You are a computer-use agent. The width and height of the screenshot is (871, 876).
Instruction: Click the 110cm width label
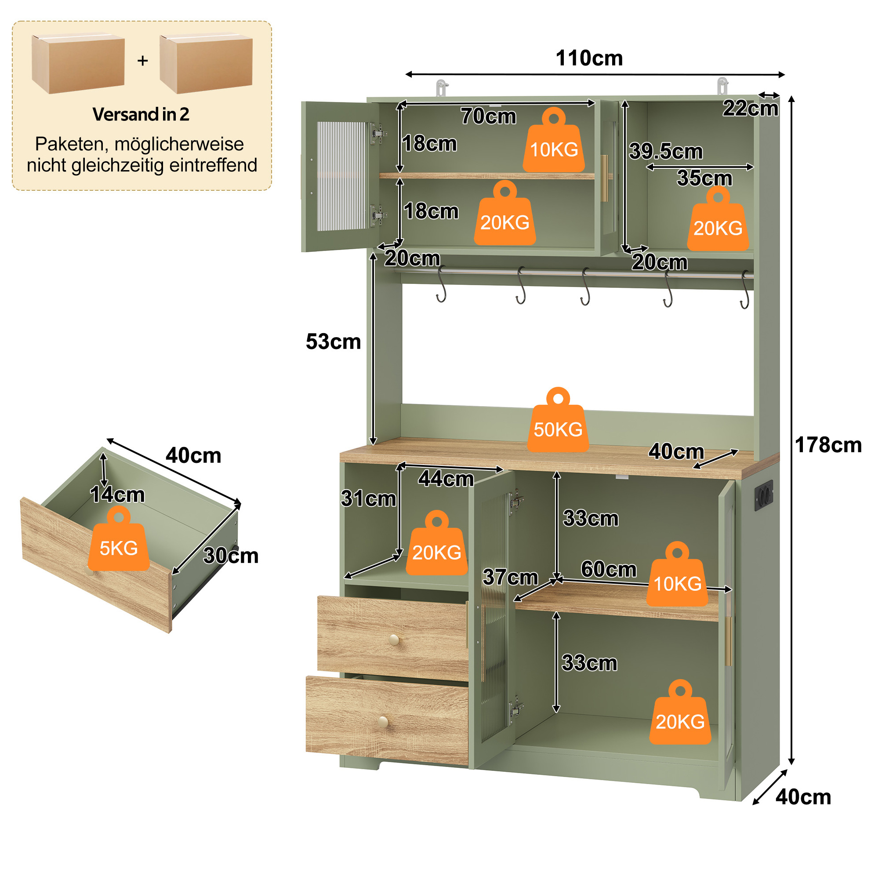click(589, 58)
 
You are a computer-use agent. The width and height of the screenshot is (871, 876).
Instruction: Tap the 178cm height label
click(828, 445)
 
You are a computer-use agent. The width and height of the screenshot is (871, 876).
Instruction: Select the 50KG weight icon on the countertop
click(558, 420)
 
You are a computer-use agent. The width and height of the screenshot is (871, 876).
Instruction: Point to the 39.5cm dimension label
click(666, 152)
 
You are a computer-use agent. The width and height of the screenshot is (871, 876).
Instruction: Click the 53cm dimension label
click(333, 342)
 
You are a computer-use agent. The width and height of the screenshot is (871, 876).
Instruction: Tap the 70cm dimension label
click(488, 116)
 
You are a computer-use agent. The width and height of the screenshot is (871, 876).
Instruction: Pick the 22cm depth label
click(751, 109)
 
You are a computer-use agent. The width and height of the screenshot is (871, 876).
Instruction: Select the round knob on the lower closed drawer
click(383, 721)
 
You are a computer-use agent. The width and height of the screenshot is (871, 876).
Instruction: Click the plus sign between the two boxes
click(143, 60)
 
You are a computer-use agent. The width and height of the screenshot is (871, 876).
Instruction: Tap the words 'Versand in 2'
click(141, 114)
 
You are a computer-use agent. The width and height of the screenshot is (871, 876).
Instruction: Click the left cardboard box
click(78, 63)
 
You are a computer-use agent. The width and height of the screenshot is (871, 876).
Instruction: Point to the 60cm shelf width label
click(609, 570)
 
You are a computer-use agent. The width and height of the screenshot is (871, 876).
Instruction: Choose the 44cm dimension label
click(446, 479)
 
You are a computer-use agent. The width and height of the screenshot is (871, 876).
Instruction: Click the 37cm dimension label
click(510, 577)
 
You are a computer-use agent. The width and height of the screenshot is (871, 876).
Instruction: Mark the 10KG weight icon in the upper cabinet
click(554, 140)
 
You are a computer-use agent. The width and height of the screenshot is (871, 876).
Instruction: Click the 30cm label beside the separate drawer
click(231, 556)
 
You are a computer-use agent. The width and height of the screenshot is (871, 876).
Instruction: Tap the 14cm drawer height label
click(117, 494)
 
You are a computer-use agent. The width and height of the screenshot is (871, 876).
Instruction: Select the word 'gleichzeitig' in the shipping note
click(119, 166)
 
